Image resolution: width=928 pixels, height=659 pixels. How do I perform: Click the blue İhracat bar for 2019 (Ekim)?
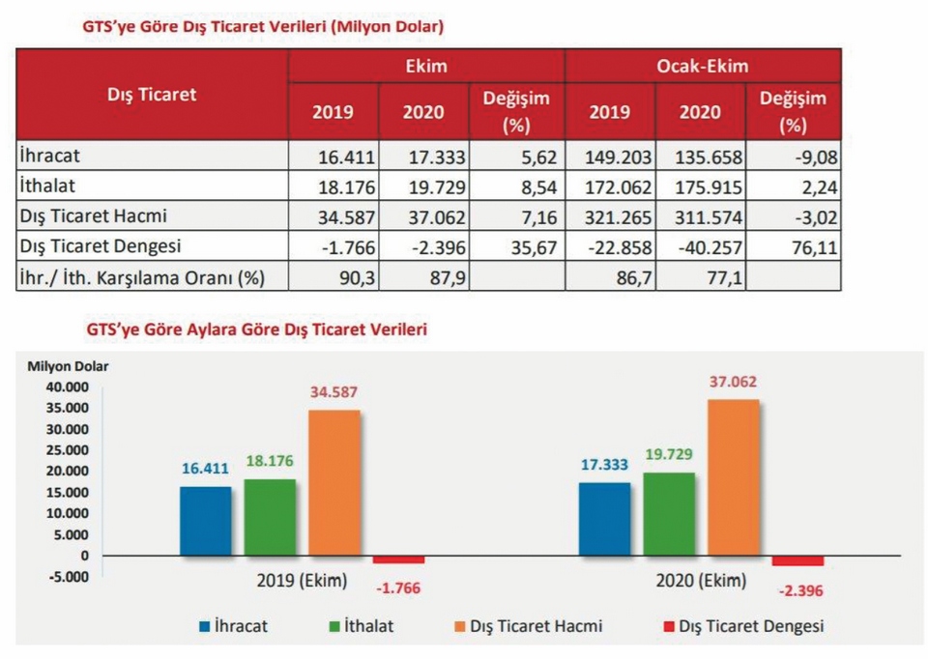205,521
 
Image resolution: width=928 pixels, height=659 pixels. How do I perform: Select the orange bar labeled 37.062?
734,478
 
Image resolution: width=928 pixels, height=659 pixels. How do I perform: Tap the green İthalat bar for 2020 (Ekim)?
669,515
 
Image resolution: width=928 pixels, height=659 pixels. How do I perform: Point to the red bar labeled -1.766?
398,559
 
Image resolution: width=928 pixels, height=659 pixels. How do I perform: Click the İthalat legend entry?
362,626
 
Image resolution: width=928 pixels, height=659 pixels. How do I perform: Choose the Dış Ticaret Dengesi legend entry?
744,626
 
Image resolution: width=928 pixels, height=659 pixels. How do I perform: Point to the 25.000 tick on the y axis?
68,450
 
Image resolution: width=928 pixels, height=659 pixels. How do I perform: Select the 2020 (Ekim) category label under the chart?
701,581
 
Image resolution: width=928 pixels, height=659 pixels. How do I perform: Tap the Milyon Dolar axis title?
68,366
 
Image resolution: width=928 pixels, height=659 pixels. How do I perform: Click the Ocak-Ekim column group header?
703,66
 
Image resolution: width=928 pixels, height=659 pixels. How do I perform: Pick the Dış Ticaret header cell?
152,95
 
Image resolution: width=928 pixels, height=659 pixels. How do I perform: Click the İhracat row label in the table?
49,156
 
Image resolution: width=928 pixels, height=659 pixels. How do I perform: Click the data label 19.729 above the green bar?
669,454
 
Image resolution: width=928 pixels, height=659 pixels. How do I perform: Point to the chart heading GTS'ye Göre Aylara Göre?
256,329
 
